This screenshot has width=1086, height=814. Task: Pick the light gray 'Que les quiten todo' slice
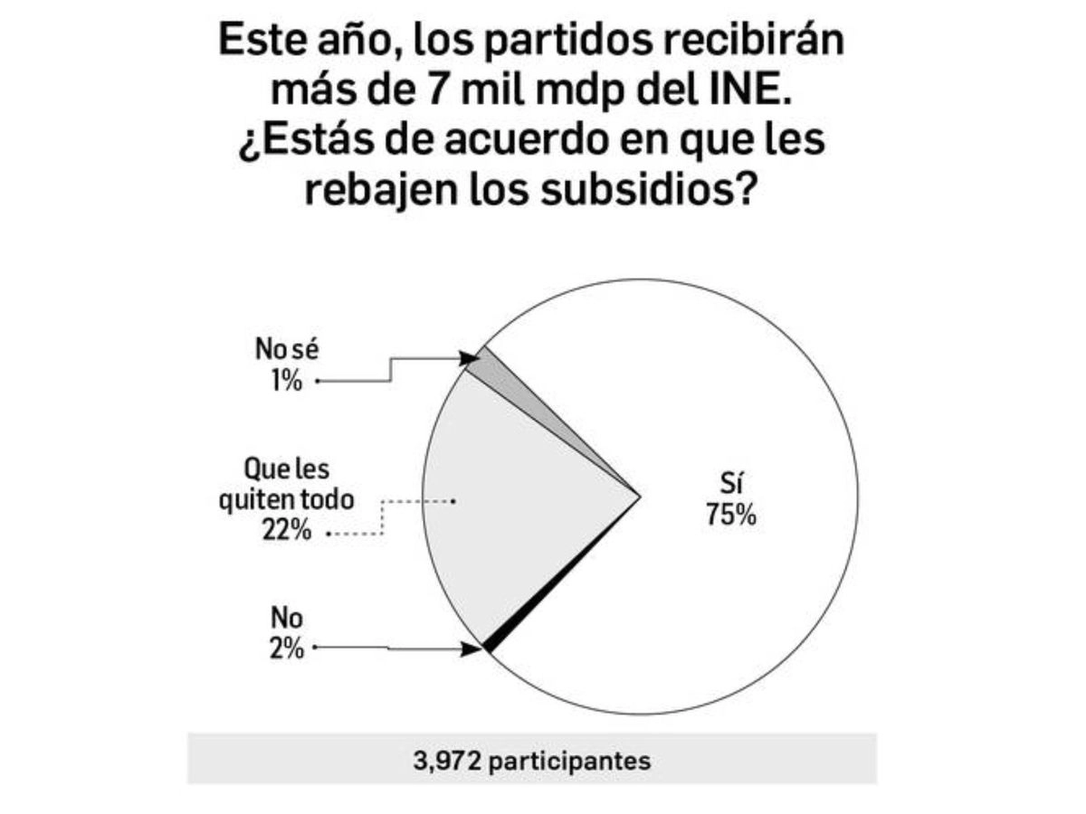(x=516, y=506)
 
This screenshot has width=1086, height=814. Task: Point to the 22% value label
(x=288, y=531)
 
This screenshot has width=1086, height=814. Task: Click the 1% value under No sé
(x=285, y=381)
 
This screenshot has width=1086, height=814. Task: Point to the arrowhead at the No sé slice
(x=472, y=358)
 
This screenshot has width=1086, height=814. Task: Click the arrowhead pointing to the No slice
(x=472, y=648)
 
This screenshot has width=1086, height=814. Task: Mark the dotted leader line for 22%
(x=384, y=520)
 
